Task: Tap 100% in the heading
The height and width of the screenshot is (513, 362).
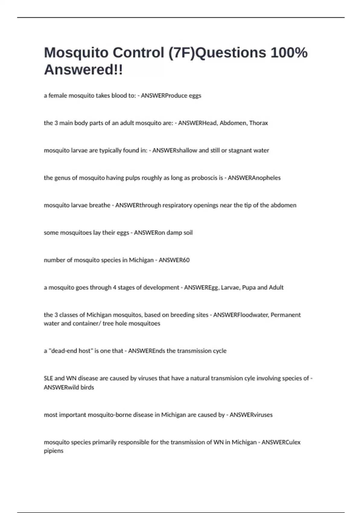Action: tap(289, 53)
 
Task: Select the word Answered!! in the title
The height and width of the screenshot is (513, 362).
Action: tap(83, 70)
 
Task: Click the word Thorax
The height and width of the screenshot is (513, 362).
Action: tap(259, 123)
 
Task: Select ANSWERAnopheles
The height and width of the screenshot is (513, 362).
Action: tap(254, 178)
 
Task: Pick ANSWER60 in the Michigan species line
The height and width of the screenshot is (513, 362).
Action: tap(174, 260)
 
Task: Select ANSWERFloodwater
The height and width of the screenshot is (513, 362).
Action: tap(241, 315)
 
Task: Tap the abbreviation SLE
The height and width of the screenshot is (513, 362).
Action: tap(48, 378)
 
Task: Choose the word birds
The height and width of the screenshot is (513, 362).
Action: tap(87, 387)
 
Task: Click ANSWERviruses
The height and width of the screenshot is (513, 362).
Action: tap(251, 415)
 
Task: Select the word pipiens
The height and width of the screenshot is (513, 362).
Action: tap(53, 451)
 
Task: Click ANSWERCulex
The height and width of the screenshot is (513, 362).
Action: tap(281, 442)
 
